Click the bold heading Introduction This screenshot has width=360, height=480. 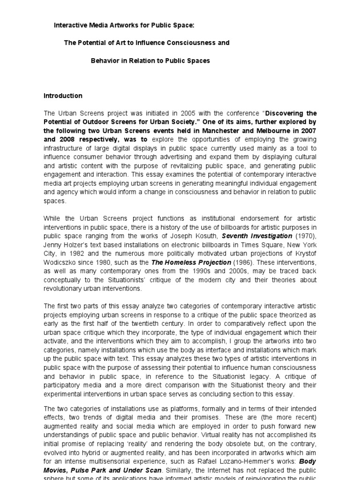63,96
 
